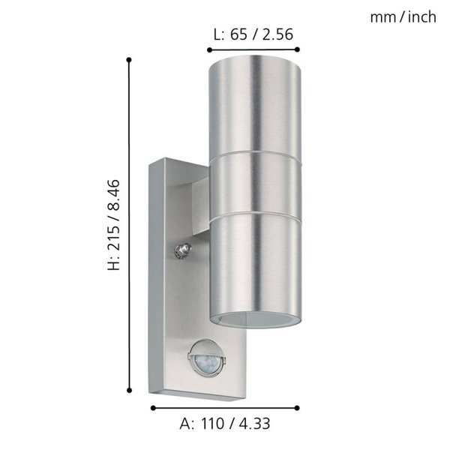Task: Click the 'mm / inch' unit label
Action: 403,17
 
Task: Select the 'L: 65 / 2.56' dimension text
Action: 253,33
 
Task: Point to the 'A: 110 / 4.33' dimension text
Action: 225,423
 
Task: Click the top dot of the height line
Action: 130,59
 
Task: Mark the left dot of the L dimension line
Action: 208,49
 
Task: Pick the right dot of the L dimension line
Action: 298,49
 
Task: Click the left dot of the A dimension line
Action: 153,408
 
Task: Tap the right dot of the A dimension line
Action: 298,408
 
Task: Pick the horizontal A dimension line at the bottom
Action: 225,408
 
